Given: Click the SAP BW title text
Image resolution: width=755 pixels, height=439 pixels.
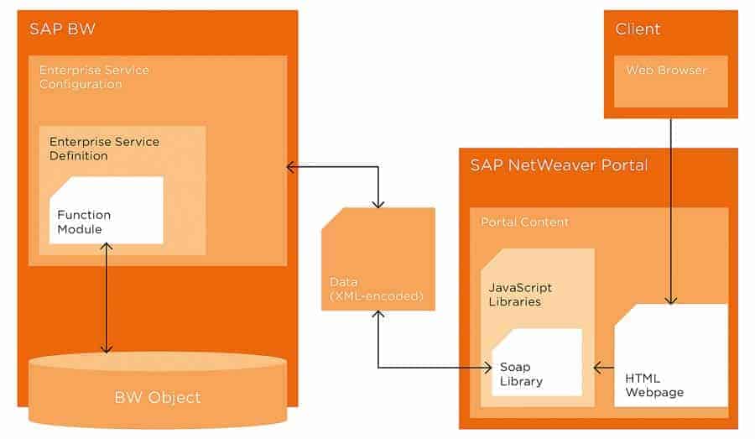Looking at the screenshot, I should pyautogui.click(x=62, y=29).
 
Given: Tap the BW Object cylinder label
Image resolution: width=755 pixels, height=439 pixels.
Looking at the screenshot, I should pyautogui.click(x=157, y=396).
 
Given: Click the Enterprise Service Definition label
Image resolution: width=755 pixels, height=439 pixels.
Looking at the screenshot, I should pyautogui.click(x=103, y=149).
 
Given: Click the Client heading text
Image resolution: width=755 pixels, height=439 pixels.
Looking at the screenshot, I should pyautogui.click(x=638, y=29).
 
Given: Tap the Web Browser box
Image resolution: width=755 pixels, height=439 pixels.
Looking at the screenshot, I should pyautogui.click(x=670, y=81).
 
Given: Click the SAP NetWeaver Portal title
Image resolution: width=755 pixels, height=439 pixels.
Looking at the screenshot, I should pyautogui.click(x=559, y=165).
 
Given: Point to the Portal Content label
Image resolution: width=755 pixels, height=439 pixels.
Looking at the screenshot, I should pyautogui.click(x=524, y=222).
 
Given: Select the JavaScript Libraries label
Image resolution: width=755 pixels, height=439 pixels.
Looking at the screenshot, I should pyautogui.click(x=520, y=294).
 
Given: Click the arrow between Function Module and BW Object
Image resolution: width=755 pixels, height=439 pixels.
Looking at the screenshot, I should pyautogui.click(x=106, y=298).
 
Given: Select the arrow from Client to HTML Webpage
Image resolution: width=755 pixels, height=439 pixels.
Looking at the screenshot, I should pyautogui.click(x=670, y=210).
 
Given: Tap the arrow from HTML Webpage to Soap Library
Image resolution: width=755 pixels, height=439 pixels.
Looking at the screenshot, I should pyautogui.click(x=604, y=367).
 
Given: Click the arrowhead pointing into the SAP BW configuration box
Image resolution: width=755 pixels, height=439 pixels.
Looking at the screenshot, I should pyautogui.click(x=291, y=167).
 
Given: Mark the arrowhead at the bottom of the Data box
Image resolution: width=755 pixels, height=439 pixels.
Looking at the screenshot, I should pyautogui.click(x=379, y=315).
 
